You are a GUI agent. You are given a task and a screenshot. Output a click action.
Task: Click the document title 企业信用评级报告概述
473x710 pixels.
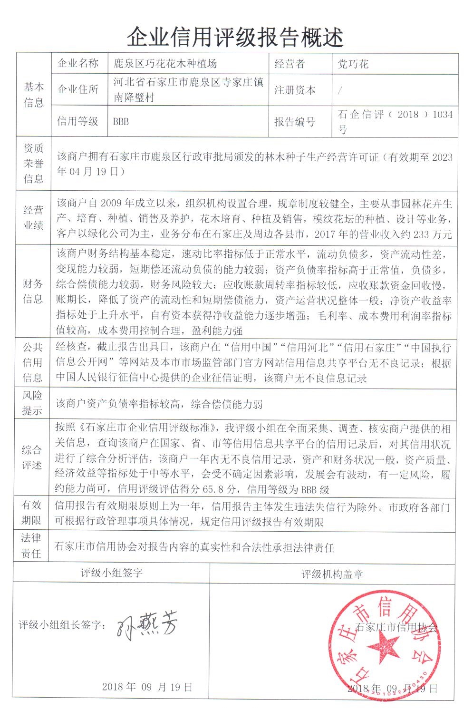point(236,36)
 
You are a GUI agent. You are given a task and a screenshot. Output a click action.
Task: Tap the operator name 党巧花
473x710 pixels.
point(353,64)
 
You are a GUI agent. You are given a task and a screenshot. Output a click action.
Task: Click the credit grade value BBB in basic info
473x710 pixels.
point(121,121)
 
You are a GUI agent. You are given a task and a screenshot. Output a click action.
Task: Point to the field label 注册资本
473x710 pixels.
point(295,90)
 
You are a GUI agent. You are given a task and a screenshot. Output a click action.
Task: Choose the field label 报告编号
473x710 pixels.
point(295,122)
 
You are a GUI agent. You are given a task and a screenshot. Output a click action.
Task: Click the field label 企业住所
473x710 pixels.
point(77,89)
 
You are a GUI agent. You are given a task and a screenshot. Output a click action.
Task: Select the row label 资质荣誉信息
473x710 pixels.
point(33,164)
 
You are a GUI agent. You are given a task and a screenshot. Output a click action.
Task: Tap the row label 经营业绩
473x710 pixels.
point(33,217)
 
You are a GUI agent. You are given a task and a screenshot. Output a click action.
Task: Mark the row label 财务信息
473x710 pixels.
point(33,291)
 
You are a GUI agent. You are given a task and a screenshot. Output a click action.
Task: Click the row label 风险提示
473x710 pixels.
point(32,403)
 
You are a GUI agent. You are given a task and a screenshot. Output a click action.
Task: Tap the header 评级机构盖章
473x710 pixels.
point(332,574)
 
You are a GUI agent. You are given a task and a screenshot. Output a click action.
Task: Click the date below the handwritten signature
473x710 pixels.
point(147,687)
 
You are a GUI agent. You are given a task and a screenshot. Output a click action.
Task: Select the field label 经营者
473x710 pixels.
point(290,64)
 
